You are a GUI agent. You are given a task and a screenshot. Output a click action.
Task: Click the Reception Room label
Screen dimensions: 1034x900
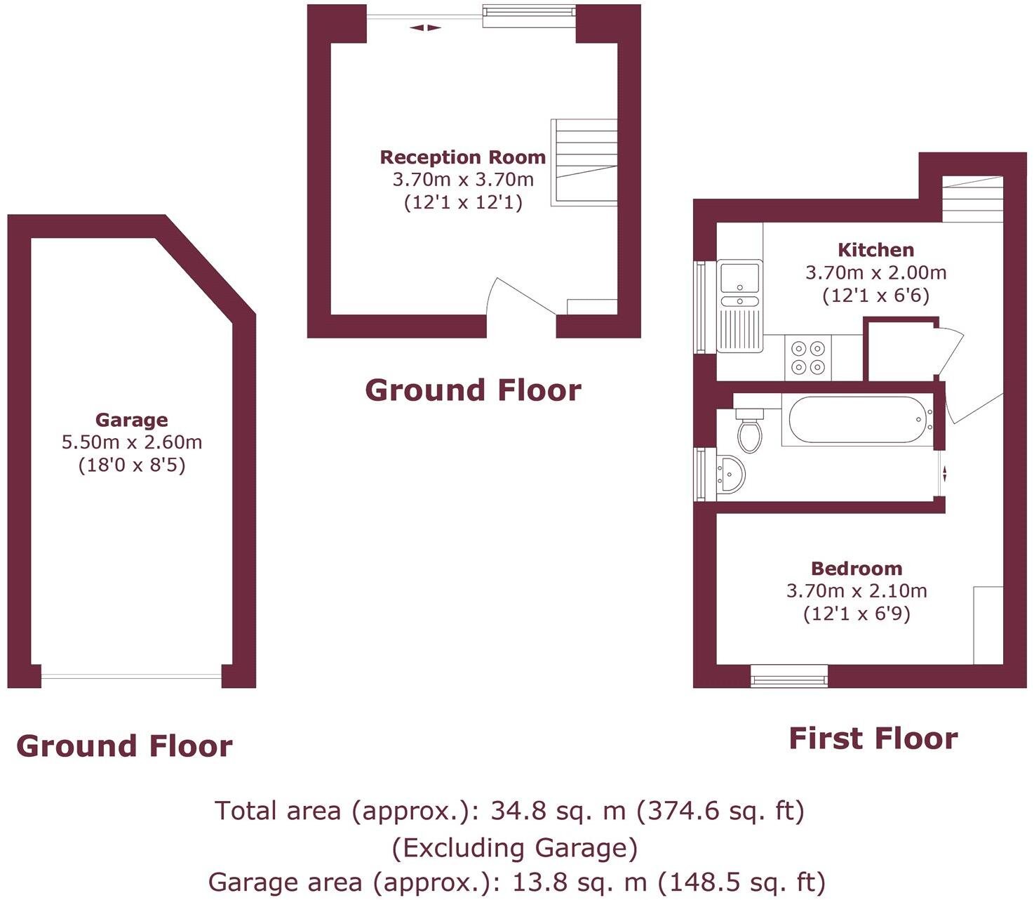[462, 157]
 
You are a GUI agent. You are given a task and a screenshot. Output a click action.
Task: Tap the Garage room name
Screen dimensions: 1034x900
[131, 420]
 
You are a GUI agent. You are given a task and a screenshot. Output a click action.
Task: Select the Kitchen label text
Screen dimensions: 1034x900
[876, 250]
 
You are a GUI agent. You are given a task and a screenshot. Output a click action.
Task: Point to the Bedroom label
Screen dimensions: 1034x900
[857, 569]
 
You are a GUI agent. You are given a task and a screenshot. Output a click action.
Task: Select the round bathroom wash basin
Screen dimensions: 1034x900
[730, 475]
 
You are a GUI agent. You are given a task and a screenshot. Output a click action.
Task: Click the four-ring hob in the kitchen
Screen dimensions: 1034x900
[807, 357]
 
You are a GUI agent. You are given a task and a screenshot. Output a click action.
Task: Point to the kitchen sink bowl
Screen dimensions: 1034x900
[740, 277]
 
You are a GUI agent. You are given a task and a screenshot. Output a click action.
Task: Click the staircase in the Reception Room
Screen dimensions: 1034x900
[584, 162]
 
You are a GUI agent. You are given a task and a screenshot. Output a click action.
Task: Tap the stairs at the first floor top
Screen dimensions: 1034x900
[972, 199]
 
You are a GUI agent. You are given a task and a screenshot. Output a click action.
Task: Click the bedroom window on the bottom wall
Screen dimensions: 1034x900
[789, 676]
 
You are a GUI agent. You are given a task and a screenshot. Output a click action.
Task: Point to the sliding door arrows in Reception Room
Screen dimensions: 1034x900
[425, 28]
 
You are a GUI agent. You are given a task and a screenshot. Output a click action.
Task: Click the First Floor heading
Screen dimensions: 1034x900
[873, 739]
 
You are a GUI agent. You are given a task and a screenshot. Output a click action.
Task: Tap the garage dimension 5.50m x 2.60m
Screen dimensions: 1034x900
[132, 442]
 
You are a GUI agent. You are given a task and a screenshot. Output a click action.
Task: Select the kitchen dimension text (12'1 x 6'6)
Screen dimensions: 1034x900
[876, 296]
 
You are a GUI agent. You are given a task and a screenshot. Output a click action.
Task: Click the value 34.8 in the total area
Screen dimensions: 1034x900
[518, 811]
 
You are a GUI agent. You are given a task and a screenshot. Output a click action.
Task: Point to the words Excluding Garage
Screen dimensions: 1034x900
[515, 848]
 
